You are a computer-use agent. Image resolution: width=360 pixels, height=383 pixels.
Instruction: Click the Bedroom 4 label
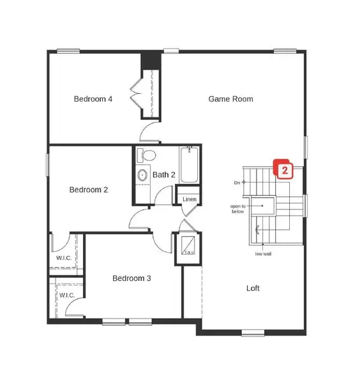[x=93, y=99]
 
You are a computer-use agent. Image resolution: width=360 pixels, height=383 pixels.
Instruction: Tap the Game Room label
[x=231, y=99]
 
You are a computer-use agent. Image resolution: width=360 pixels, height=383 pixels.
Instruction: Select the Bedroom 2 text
[x=89, y=190]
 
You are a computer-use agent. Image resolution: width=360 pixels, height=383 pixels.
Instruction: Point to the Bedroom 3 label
[x=131, y=278]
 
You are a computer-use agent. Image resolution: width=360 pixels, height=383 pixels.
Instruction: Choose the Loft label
[x=253, y=288]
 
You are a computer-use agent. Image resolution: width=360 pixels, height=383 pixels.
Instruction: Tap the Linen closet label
[x=189, y=200]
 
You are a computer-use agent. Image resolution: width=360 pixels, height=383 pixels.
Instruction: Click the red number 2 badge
[x=283, y=170]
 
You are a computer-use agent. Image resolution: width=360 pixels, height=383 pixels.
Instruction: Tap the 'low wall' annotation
[x=263, y=254]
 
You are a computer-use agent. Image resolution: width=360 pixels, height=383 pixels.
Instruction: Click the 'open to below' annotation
[x=238, y=209]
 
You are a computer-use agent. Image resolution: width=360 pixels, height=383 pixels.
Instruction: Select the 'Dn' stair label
[x=237, y=183]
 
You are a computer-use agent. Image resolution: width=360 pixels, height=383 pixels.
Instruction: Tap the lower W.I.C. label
[x=67, y=296]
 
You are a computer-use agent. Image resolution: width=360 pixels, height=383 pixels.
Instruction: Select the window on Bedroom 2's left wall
[x=47, y=163]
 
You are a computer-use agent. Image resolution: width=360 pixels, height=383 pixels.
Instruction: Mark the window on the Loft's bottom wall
[x=253, y=332]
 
